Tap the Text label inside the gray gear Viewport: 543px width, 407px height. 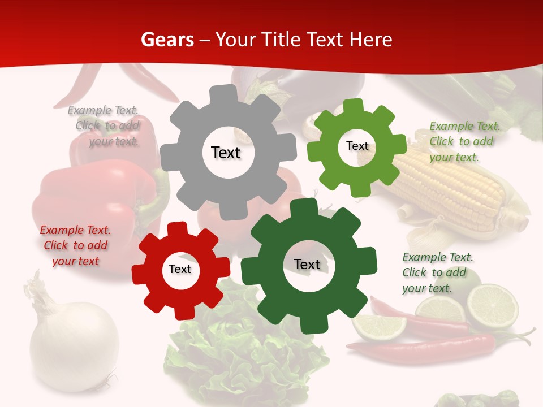pos(226,153)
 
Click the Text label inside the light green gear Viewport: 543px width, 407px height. pos(357,146)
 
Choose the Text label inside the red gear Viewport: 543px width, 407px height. pos(180,269)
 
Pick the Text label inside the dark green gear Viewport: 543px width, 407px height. pos(307,264)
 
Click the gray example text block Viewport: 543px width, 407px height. pos(107,126)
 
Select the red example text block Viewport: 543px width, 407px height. pos(75,245)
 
